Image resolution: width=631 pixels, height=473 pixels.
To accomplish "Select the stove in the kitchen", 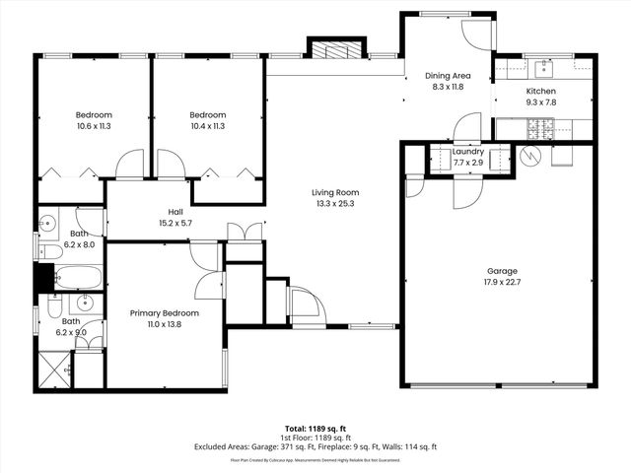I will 540,127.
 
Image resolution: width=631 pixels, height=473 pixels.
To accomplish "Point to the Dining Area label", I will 447,75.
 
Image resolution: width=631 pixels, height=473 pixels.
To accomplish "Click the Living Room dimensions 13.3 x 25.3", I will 335,204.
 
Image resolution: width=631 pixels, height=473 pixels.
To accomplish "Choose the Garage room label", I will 501,271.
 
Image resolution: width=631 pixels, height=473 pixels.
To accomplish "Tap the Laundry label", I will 467,152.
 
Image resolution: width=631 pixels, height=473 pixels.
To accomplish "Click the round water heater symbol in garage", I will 530,156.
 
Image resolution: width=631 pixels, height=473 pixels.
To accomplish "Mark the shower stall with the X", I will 55,366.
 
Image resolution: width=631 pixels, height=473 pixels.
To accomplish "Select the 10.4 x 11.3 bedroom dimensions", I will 208,126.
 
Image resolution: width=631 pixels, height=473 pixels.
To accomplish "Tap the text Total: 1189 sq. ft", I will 315,429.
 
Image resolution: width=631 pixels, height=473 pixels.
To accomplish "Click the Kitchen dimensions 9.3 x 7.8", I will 541,101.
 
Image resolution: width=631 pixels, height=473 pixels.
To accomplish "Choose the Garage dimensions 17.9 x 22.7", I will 501,283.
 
